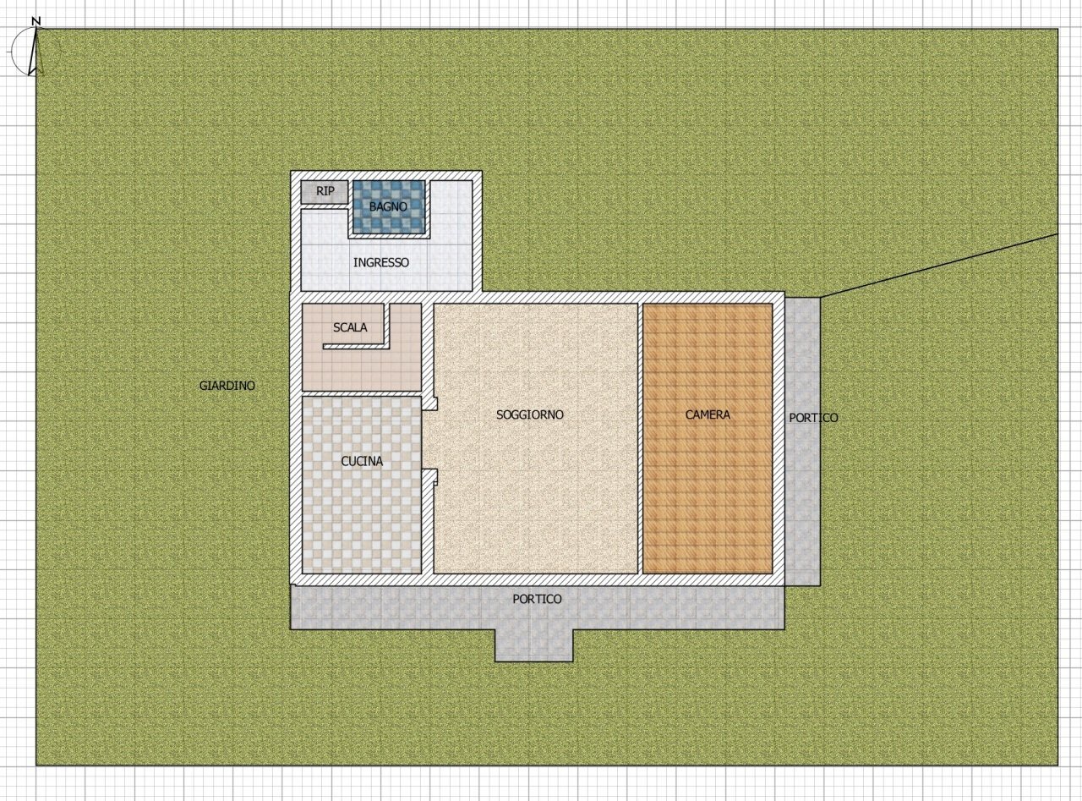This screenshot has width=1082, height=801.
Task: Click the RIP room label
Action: (x=325, y=192)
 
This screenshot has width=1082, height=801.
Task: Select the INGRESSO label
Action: (x=380, y=262)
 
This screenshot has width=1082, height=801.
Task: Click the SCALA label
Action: (x=350, y=327)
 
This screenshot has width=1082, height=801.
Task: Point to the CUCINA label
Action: (x=362, y=461)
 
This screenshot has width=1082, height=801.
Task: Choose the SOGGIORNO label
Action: (x=530, y=414)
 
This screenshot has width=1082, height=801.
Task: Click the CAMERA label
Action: (x=708, y=414)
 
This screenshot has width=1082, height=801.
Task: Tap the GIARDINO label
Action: (x=227, y=386)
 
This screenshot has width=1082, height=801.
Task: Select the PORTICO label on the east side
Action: (x=813, y=418)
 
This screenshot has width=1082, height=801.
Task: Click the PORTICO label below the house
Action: (x=537, y=599)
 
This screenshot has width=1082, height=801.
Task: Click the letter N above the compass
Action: (x=36, y=19)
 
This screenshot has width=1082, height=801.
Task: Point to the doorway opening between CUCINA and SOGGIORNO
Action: (x=429, y=440)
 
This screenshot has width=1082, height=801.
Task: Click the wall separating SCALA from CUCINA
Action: (x=362, y=394)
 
